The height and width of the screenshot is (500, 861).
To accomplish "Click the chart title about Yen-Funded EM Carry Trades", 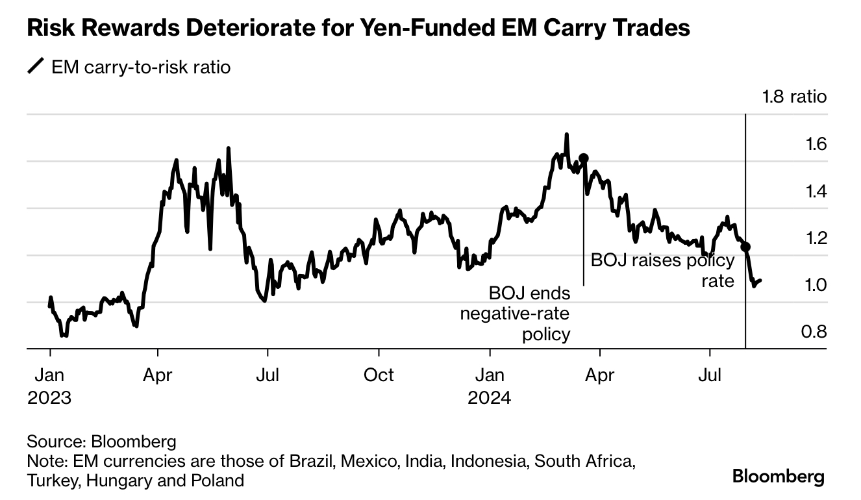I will pos(358,29).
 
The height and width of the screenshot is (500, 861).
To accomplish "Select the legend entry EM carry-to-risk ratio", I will pos(140,67).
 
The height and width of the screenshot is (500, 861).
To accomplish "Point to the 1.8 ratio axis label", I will pos(794,97).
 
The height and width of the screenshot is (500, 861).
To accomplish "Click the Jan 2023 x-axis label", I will pos(49,386).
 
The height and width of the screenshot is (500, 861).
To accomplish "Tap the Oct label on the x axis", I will pos(379,375).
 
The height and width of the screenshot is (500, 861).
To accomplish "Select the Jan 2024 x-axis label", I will pos(490,386).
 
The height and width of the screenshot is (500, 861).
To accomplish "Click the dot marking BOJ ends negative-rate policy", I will pos(584,158).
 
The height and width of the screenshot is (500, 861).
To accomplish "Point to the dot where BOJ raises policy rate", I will pos(745,247).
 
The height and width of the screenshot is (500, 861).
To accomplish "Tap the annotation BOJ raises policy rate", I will pos(662,271).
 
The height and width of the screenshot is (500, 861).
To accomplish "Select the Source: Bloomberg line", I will pos(101,442).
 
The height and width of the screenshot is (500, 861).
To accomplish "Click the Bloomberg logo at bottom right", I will pos(778,476).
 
